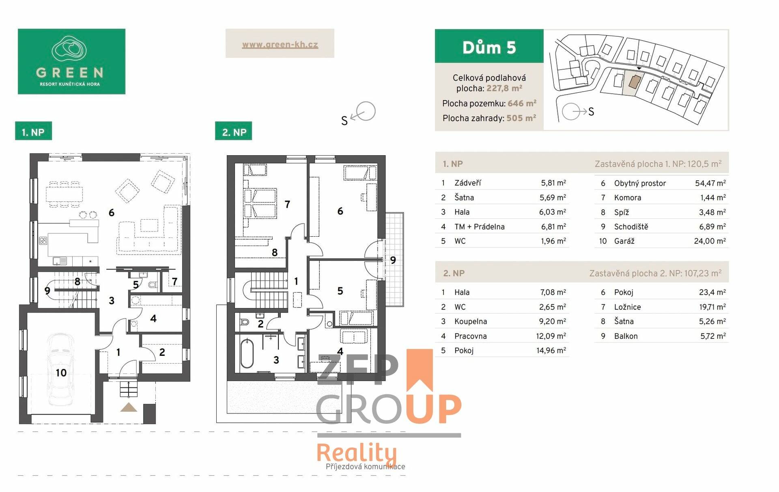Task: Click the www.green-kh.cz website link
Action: pos(280,45)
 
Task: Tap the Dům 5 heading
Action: pos(489,47)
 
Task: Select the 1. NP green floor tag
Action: pos(33,132)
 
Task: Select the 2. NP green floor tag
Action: pos(234,132)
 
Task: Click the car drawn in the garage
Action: pos(60,370)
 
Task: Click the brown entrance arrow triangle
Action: pos(129,407)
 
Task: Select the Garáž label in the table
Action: pos(624,241)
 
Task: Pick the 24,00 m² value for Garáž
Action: pos(710,241)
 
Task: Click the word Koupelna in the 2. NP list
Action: pos(471,321)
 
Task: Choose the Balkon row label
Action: pos(626,336)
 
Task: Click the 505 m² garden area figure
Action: pos(521,118)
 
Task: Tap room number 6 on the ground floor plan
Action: pos(112,212)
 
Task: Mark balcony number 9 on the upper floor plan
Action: pos(393,260)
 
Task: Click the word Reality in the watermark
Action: pos(357,453)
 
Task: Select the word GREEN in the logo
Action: pos(70,73)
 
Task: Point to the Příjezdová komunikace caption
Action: pos(365,466)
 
